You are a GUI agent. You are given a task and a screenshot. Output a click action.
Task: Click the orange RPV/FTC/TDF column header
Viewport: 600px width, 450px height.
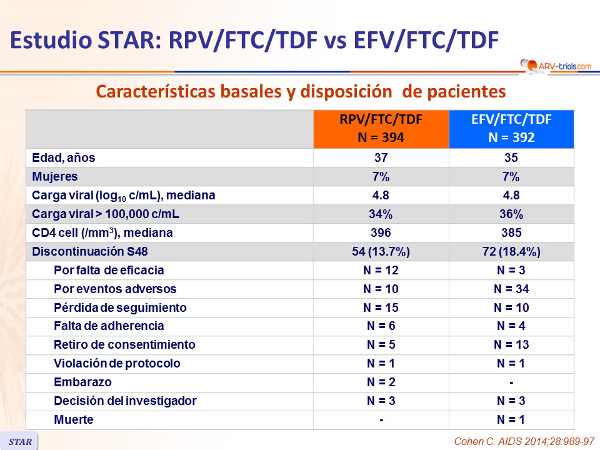[x=381, y=129]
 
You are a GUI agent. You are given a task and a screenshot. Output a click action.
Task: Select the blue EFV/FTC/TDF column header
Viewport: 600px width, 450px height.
[x=511, y=129]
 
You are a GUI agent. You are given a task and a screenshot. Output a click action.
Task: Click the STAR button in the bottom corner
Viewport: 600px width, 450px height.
[x=19, y=441]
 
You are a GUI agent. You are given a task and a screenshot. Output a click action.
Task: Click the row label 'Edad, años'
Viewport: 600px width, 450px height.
[x=63, y=158]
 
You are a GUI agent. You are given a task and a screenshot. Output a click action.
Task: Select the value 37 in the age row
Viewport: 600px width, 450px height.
[x=381, y=158]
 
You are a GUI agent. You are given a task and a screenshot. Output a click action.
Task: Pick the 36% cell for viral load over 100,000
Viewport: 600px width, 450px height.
[x=511, y=214]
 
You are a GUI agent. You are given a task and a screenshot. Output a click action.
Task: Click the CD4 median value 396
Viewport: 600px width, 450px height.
[x=381, y=233]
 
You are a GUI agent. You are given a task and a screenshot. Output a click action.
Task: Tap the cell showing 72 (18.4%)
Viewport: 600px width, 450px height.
[x=511, y=252]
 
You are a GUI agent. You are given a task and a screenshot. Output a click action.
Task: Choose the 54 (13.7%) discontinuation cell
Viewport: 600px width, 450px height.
[x=381, y=252]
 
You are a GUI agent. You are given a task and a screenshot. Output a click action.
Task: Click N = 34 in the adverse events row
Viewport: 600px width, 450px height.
[x=511, y=289]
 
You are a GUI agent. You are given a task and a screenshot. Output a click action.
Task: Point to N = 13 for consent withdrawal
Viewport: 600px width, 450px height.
[x=511, y=344]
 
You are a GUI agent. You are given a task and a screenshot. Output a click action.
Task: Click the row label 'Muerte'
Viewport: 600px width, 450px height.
[x=74, y=419]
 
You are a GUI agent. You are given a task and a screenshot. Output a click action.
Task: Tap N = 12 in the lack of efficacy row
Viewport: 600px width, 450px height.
[x=381, y=271]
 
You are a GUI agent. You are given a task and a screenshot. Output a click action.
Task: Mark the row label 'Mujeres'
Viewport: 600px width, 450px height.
[x=54, y=177]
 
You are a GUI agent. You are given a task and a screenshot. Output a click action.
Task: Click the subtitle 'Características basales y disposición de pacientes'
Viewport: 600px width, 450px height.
[x=300, y=91]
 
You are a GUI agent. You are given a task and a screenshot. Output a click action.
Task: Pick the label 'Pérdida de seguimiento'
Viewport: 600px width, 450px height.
[x=120, y=307]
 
